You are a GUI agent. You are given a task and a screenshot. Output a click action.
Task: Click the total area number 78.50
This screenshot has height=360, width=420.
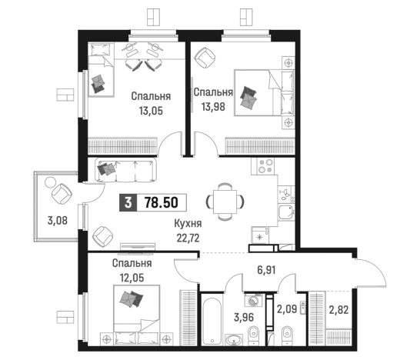162,202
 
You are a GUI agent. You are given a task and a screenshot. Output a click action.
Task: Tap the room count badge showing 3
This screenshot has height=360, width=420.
128,202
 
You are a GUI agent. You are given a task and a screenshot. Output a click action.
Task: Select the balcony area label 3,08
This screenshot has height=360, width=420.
58,221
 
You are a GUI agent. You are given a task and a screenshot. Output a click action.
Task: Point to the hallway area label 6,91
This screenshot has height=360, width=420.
266,270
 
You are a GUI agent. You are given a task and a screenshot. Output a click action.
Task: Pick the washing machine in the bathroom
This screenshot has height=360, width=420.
253,300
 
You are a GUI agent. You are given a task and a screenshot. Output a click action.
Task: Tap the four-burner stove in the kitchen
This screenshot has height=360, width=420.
265,166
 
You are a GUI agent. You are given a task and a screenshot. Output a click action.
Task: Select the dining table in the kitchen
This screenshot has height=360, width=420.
225,202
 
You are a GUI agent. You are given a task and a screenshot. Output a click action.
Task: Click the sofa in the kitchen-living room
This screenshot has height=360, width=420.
125,170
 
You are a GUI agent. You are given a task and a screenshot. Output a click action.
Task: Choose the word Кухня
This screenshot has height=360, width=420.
188,224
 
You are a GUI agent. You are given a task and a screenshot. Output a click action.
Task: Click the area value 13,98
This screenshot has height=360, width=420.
213,107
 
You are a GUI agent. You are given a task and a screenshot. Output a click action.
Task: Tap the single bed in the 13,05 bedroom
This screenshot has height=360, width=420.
102,69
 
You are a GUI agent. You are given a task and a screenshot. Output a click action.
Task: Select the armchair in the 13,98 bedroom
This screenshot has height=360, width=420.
205,58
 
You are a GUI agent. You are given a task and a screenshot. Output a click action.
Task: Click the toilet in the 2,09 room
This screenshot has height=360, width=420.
287,335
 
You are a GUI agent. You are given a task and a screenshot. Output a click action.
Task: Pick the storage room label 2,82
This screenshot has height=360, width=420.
338,310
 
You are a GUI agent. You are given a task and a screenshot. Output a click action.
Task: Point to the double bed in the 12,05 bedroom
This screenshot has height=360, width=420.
137,315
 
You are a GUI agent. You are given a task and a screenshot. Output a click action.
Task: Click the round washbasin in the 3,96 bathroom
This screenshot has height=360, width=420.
234,339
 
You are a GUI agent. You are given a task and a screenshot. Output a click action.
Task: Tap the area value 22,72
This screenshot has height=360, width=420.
188,238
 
